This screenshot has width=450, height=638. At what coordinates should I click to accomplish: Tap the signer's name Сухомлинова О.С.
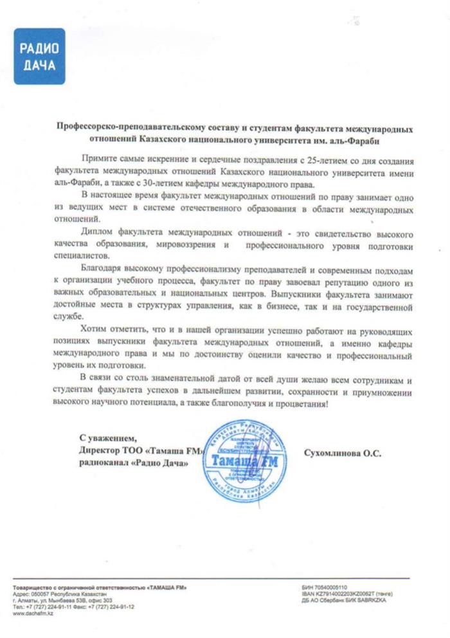click(x=342, y=452)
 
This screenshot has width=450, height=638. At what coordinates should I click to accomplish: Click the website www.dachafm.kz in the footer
click(x=32, y=614)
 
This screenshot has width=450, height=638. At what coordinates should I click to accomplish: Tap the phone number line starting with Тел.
click(x=73, y=607)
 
